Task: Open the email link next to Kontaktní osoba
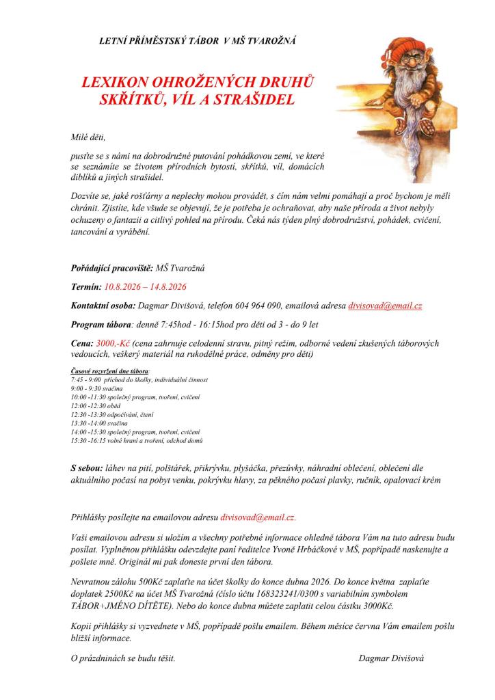(x=385, y=306)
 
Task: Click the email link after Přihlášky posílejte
(x=258, y=517)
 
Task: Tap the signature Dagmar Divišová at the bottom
(x=391, y=658)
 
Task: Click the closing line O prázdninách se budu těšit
(x=123, y=658)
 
